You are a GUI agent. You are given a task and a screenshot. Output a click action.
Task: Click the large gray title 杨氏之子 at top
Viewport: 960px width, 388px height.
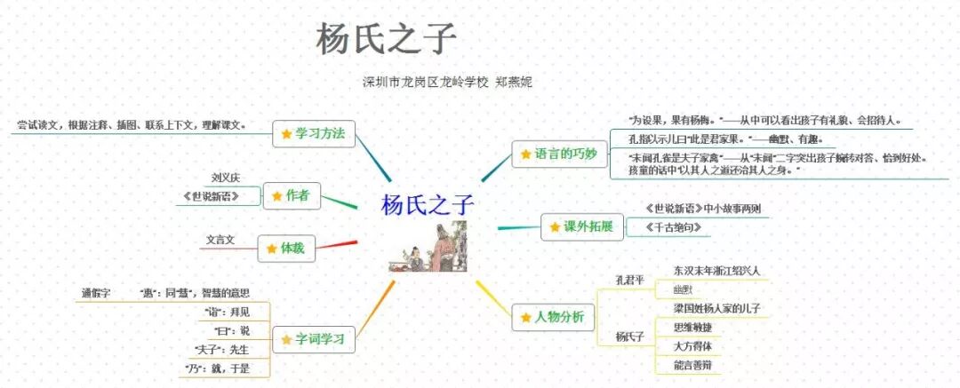tap(386, 38)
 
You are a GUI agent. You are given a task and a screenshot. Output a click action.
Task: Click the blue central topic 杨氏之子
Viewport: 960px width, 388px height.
tap(428, 205)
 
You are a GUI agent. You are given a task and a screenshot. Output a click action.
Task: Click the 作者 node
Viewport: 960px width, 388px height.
tap(292, 195)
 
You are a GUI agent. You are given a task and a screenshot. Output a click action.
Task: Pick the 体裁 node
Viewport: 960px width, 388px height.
tap(285, 249)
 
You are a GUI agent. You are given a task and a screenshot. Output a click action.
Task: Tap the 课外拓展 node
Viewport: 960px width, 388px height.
tap(580, 226)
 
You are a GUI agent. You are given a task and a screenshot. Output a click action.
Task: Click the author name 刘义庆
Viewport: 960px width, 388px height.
tap(227, 178)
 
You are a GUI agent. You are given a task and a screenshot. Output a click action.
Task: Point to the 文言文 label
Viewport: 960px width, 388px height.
tap(220, 240)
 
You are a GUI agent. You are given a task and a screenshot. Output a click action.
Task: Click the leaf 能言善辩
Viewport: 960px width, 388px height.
tap(692, 365)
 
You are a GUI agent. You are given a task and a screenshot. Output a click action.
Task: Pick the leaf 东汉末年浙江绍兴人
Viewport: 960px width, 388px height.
tap(716, 270)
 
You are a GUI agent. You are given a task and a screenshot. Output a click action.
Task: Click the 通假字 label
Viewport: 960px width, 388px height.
tap(96, 293)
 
